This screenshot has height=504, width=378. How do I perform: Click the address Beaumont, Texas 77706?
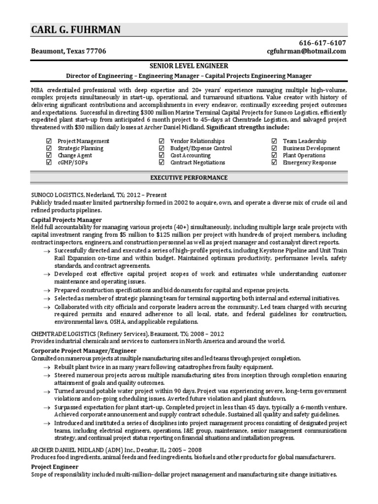tap(68, 51)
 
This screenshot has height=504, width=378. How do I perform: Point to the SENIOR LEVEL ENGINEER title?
tap(189, 65)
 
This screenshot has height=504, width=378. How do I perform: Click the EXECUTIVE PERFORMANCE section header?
tap(189, 177)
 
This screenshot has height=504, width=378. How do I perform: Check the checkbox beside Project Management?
tap(48, 141)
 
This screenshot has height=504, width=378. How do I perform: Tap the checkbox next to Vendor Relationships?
tap(161, 141)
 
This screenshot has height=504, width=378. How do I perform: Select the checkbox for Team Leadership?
tap(274, 141)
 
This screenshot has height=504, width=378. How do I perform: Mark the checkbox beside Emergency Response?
tap(274, 162)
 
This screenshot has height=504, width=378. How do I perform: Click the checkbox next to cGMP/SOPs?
tap(48, 162)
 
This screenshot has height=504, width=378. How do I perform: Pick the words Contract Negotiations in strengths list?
tap(197, 162)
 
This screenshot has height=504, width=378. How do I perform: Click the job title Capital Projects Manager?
tap(66, 220)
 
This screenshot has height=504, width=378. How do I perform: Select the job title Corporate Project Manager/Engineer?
tap(84, 350)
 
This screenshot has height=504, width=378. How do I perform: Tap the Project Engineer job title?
tap(55, 466)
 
